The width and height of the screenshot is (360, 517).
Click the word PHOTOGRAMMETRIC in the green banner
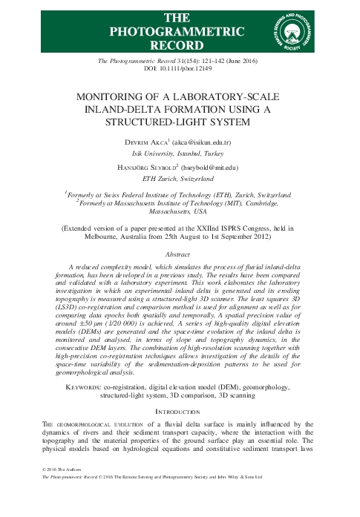(x=177, y=31)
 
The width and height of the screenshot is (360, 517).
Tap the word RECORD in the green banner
(x=177, y=45)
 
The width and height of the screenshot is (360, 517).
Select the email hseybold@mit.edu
(x=226, y=169)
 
